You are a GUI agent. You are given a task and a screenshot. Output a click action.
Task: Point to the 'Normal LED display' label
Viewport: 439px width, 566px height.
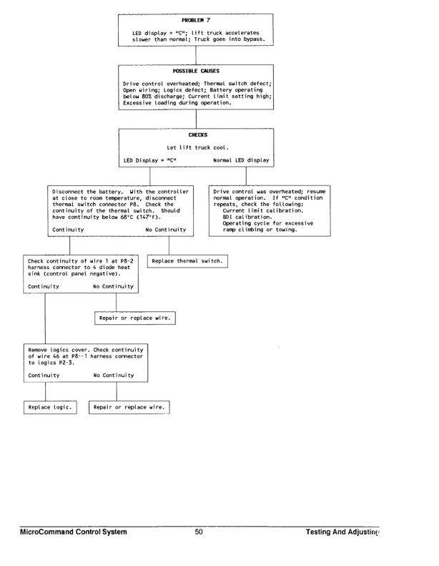coord(241,161)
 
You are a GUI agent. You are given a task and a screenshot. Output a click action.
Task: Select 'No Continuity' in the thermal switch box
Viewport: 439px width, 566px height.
coord(165,230)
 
